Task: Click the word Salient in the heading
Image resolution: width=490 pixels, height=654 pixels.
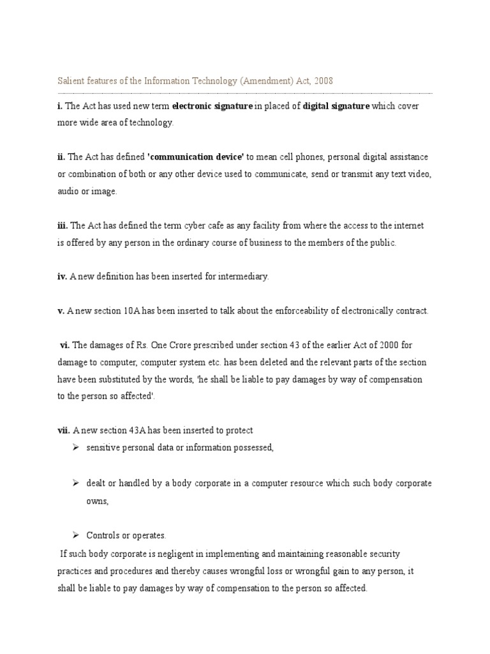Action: pos(70,81)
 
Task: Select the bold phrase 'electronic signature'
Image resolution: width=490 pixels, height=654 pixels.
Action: pos(212,106)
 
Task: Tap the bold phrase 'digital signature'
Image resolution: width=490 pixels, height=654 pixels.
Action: pos(336,106)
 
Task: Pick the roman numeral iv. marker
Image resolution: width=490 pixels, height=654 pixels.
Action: pos(62,277)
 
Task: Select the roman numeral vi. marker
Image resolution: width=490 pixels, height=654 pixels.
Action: pos(64,345)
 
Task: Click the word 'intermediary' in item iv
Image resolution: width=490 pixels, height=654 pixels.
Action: pos(244,277)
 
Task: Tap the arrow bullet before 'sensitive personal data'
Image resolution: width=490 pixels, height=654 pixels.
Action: pos(76,447)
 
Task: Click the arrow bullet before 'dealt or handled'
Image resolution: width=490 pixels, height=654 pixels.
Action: pos(76,483)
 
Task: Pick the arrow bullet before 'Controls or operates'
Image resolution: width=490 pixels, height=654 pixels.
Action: pos(76,535)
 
